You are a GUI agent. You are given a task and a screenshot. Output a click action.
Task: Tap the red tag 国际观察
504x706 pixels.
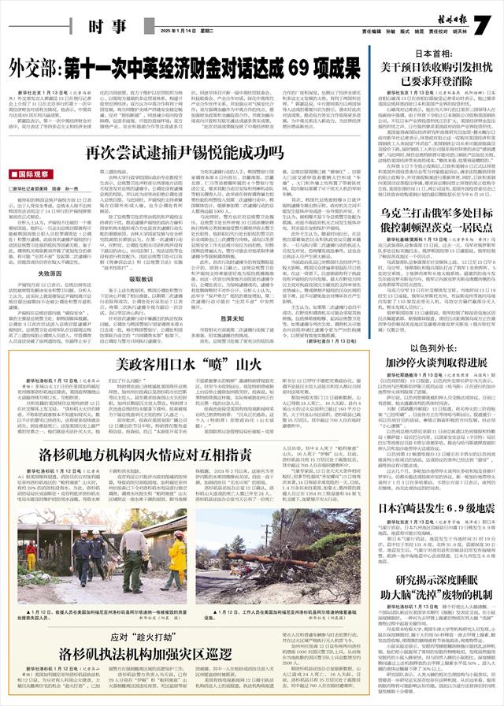click(29, 174)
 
